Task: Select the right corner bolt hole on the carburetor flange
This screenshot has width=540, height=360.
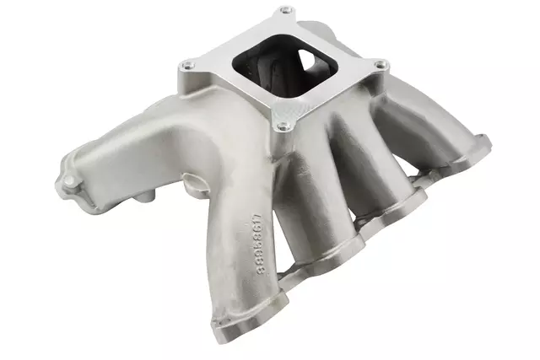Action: click(381, 64)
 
